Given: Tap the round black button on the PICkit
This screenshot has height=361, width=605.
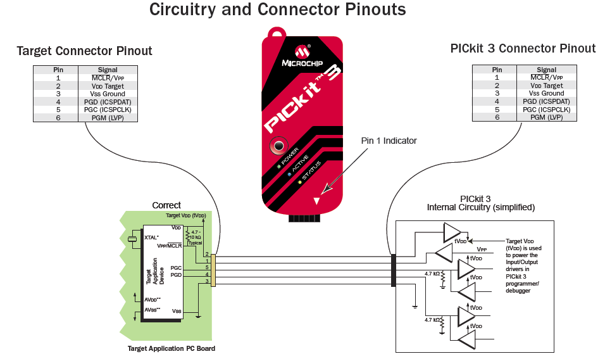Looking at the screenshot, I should click(x=278, y=146).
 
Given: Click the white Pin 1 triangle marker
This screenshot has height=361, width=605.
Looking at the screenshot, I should click(x=316, y=201).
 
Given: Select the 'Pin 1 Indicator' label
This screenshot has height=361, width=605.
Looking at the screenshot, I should click(x=389, y=141).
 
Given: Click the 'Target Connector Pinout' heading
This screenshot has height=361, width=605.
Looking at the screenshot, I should click(x=84, y=51).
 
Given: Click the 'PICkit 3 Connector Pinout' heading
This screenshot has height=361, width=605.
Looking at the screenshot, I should click(x=523, y=49).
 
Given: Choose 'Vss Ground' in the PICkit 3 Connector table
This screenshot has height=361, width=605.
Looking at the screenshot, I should click(x=546, y=93).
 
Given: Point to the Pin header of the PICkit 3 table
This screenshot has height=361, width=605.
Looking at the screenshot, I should click(x=497, y=70).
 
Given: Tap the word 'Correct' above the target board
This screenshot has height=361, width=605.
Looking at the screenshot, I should click(x=166, y=205).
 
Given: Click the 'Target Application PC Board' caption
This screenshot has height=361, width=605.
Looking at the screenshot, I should click(x=171, y=348).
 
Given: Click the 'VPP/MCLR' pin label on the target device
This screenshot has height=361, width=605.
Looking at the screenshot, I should click(x=169, y=246).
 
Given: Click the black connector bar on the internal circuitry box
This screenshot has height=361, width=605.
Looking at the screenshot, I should click(x=394, y=270).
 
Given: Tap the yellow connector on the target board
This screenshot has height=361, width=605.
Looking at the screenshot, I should click(x=213, y=270).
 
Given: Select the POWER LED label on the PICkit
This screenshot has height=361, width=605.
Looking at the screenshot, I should click(x=290, y=155).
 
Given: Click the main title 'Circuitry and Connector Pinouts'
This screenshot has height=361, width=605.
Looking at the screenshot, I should click(x=277, y=10).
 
